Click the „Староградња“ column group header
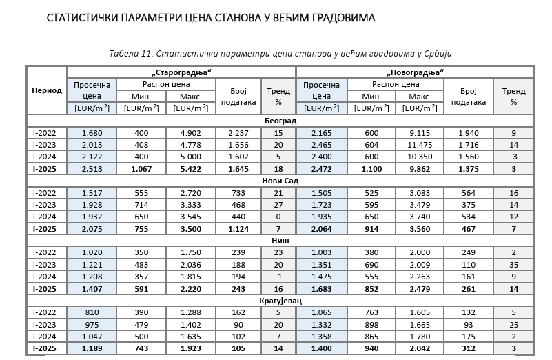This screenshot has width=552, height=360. (181, 72)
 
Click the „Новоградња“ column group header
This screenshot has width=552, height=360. (414, 72)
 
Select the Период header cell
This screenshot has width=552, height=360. (46, 90)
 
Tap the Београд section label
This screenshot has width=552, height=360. (280, 121)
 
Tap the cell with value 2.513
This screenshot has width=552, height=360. (92, 168)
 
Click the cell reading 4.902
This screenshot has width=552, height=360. (191, 133)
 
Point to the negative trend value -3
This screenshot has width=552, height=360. (513, 157)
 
